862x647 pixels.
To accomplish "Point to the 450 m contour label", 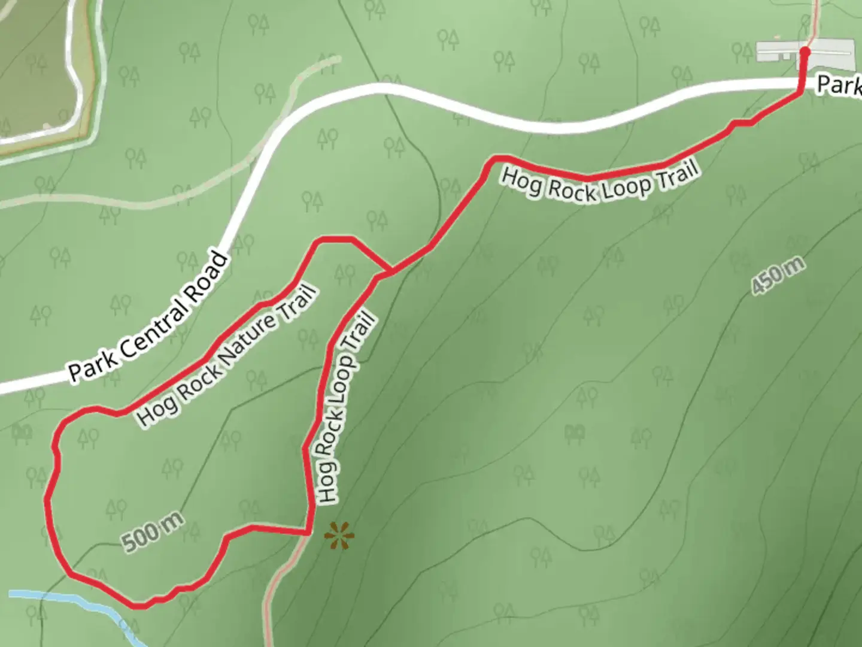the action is [778, 276].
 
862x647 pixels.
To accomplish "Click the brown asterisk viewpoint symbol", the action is [339, 535].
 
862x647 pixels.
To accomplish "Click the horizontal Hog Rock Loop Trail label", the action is [600, 183].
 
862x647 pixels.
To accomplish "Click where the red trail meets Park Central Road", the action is [801, 88].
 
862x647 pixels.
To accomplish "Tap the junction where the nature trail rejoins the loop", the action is [390, 272].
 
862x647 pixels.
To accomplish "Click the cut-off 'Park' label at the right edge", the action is [839, 86].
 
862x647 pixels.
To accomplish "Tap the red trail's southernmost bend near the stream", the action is [141, 606].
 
